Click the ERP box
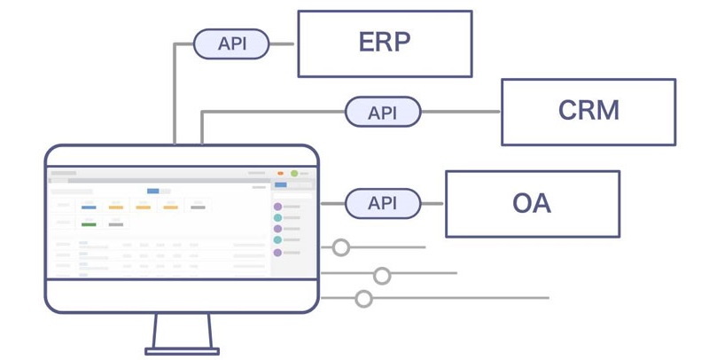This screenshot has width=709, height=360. tap(385, 43)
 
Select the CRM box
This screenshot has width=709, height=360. tap(588, 112)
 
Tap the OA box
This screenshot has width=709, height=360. tap(532, 204)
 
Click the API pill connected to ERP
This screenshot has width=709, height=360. tap(231, 43)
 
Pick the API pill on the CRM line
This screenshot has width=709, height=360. tap(383, 113)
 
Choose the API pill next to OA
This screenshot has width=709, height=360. tap(383, 203)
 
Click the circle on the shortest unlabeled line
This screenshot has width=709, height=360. tap(341, 247)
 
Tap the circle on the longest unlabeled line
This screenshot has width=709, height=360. tap(363, 299)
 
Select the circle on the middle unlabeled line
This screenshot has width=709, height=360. tap(382, 276)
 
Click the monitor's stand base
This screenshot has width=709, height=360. tap(182, 351)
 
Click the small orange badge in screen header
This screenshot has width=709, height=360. tap(281, 173)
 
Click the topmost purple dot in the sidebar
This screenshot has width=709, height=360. tap(277, 207)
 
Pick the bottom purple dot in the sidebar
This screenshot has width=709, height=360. tap(277, 253)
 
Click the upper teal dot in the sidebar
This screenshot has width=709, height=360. tap(277, 217)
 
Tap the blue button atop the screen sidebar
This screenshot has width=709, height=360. tap(281, 184)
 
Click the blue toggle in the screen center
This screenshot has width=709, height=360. tap(153, 191)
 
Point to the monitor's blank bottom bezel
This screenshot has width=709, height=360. tap(182, 295)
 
